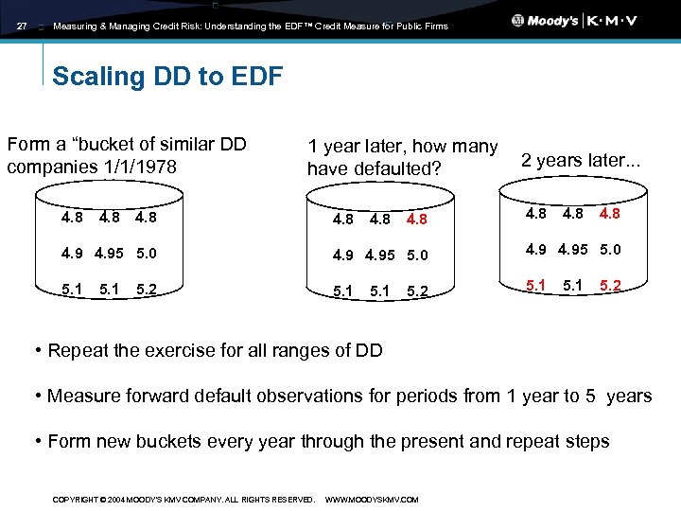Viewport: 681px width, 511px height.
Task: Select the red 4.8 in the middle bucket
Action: pos(416,220)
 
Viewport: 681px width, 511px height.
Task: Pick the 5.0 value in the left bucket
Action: pos(147,253)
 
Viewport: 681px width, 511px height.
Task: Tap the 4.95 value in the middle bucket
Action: pos(379,254)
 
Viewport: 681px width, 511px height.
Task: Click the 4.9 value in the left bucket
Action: pos(72,253)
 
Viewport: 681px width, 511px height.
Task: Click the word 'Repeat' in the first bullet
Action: pos(77,351)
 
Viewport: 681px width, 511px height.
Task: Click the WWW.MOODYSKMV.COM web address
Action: pos(371,499)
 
